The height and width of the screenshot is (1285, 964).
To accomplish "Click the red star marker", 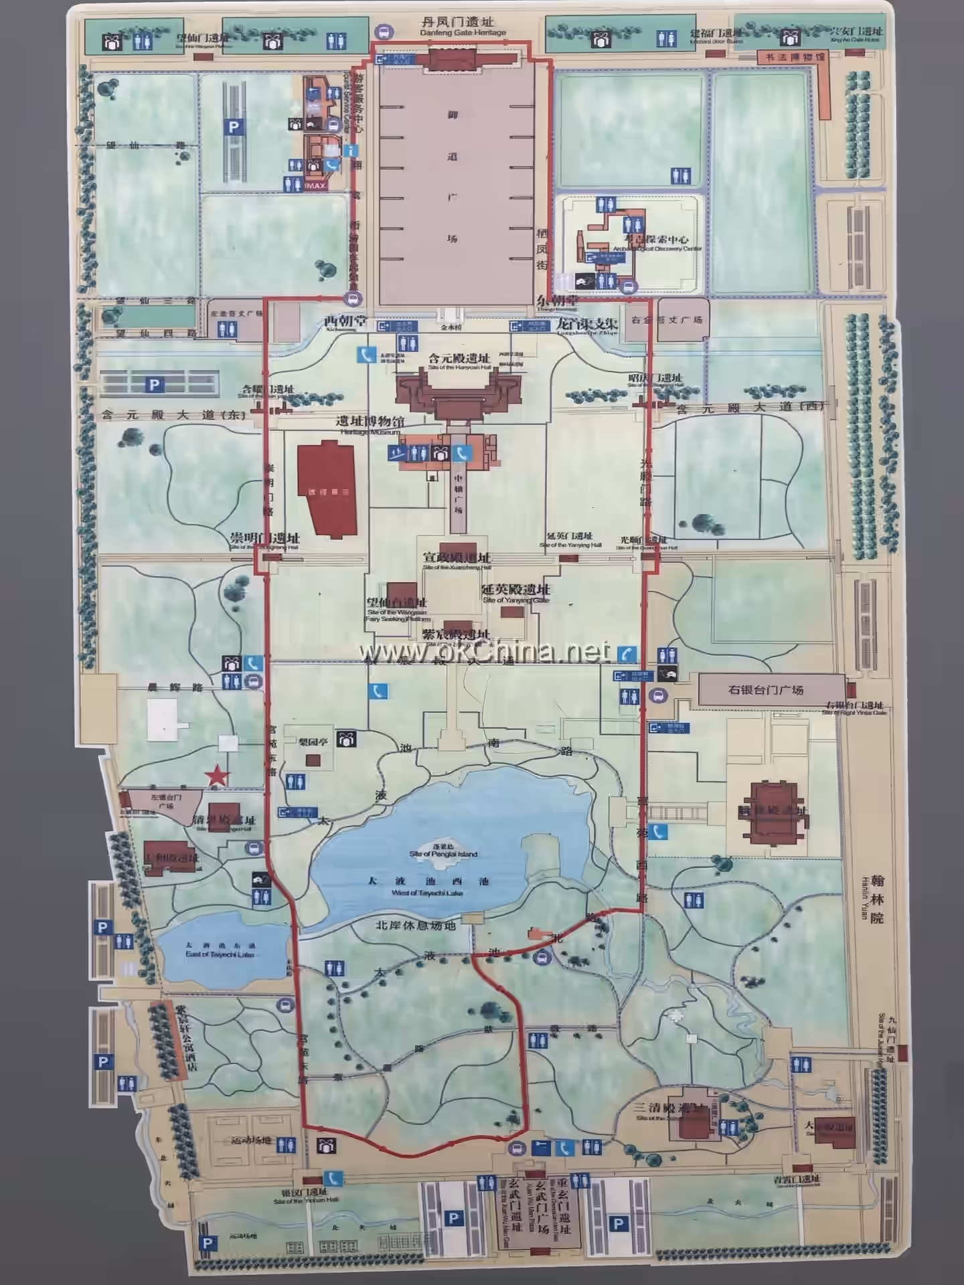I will (x=217, y=776).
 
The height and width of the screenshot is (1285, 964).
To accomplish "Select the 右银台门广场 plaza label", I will (x=765, y=689).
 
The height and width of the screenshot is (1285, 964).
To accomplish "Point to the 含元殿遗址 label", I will (x=459, y=358).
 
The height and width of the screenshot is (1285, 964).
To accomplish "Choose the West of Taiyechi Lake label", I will (x=426, y=892).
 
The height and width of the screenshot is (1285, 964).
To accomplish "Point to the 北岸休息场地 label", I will (x=415, y=926).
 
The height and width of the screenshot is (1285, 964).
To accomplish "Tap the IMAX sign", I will (x=315, y=185).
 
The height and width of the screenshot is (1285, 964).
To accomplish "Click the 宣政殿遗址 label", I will (x=457, y=558).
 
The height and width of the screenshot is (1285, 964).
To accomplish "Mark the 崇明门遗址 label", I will (x=265, y=538).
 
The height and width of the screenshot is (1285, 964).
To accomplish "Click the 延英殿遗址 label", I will (x=515, y=590).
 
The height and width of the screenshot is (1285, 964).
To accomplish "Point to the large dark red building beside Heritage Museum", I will (x=326, y=489).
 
